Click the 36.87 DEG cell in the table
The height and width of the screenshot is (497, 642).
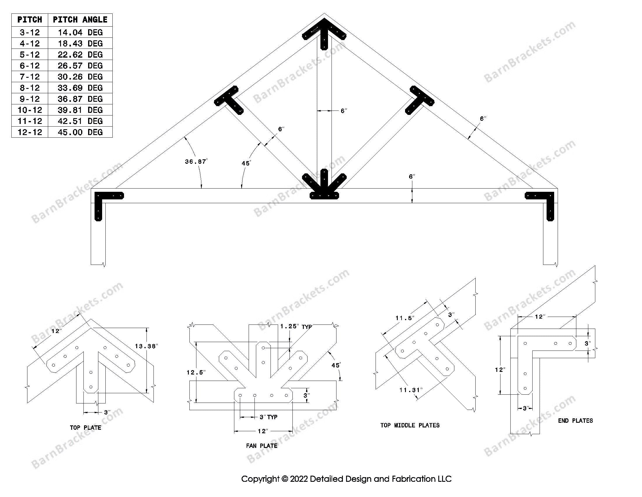coord(80,99)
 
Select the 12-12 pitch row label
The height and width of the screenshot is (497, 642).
coord(30,132)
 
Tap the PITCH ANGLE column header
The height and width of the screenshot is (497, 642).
coord(80,20)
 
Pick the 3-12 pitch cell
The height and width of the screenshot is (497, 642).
coord(30,32)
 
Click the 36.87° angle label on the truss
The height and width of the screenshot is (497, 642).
coord(196,161)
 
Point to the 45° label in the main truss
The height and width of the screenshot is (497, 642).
coord(246,163)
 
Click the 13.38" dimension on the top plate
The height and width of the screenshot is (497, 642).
coord(146,346)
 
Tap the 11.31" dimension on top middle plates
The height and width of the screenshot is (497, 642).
coord(411,390)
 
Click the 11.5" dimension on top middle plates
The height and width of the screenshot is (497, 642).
coord(405,318)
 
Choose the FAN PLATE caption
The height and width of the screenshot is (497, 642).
coord(262,446)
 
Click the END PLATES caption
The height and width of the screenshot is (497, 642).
coord(575,421)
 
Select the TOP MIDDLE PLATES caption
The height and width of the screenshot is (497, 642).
coord(410,425)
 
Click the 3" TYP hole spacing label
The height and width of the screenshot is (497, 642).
coord(268,417)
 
